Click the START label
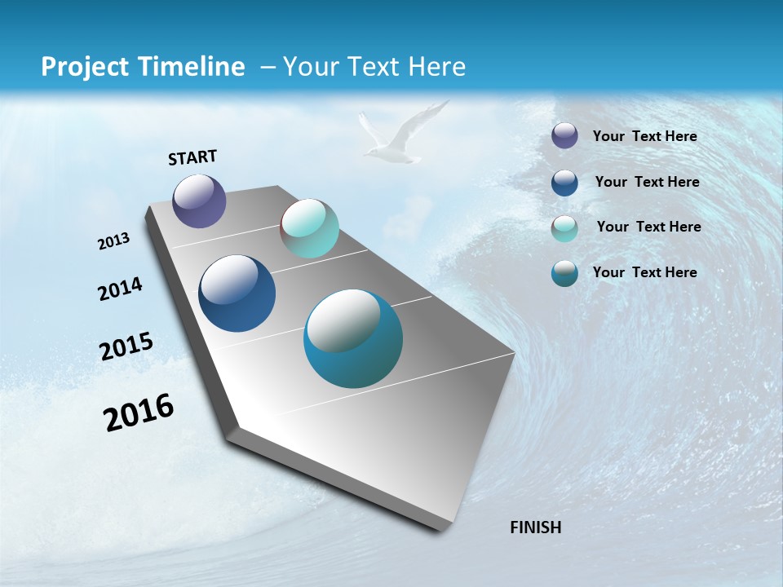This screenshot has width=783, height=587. (192, 157)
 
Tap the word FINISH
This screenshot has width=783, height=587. (535, 527)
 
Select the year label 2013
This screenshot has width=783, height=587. (114, 241)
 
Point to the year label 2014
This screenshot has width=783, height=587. (120, 289)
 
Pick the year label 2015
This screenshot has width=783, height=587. (126, 346)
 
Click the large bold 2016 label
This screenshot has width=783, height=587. (139, 413)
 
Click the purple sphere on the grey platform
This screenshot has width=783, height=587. (199, 201)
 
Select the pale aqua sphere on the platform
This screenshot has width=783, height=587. (309, 228)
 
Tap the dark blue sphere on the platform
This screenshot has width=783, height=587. (237, 293)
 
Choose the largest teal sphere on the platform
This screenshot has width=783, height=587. (352, 338)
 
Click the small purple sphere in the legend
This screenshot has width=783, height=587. (564, 135)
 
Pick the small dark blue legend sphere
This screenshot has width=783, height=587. (564, 183)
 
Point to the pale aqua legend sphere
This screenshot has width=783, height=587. (564, 228)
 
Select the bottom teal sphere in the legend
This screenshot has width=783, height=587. (564, 273)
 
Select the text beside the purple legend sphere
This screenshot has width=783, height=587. (644, 136)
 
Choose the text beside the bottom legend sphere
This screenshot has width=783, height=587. (644, 272)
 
